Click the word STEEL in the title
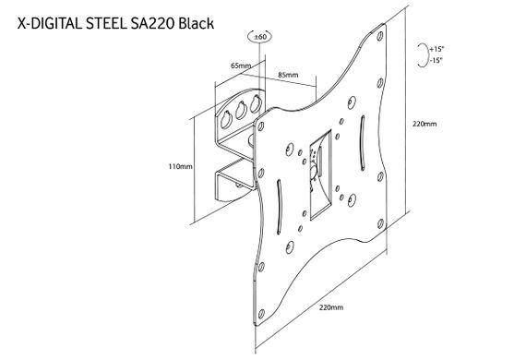pyautogui.click(x=106, y=24)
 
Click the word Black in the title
pyautogui.click(x=197, y=24)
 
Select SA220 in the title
pyautogui.click(x=152, y=24)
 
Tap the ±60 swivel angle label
pyautogui.click(x=260, y=37)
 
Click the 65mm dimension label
pyautogui.click(x=241, y=66)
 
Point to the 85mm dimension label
pyautogui.click(x=288, y=75)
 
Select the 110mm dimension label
pyautogui.click(x=181, y=166)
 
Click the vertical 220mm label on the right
pyautogui.click(x=424, y=124)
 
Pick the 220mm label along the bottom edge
pyautogui.click(x=331, y=307)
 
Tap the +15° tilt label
pyautogui.click(x=436, y=49)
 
